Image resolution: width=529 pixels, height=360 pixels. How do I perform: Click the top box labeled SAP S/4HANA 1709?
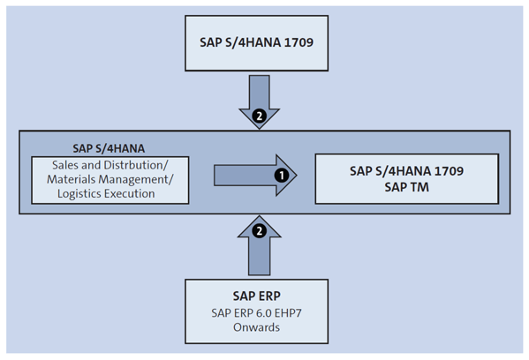tap(264, 43)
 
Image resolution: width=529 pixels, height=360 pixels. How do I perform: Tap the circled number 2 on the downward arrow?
tap(258, 116)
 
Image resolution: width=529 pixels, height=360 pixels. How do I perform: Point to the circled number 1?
tap(281, 176)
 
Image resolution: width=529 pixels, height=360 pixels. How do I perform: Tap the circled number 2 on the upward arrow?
tap(258, 231)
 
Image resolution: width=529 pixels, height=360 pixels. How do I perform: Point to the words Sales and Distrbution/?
tap(110, 164)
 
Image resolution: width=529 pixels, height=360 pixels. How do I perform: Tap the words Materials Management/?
tap(110, 179)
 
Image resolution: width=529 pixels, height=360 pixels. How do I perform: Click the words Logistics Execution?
tap(110, 194)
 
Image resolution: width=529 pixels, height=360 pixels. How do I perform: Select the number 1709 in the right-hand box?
tap(447, 169)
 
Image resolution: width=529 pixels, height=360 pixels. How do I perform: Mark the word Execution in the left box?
tap(140, 194)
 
